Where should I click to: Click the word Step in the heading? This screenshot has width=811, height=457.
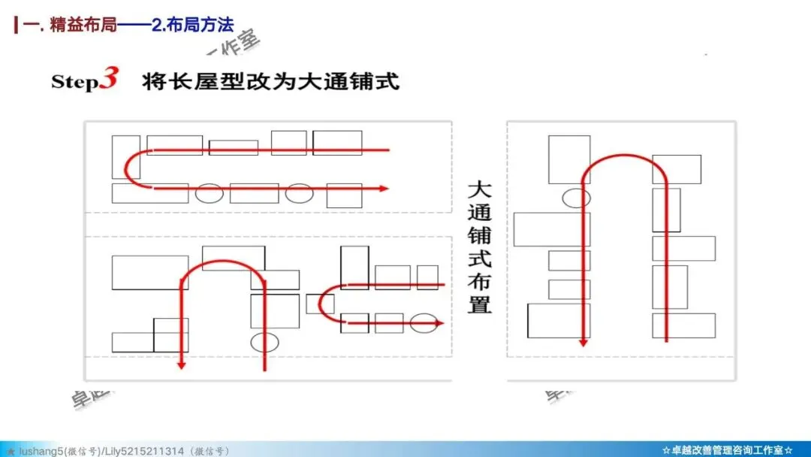(74, 81)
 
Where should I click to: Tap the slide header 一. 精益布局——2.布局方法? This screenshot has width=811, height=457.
(128, 25)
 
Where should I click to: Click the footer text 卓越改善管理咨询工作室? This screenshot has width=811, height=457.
(727, 450)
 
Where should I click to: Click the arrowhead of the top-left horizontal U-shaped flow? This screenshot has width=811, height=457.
(384, 188)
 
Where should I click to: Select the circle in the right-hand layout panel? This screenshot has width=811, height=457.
(576, 198)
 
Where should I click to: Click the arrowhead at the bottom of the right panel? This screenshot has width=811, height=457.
(583, 342)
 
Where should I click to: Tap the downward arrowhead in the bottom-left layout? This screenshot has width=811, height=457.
(181, 365)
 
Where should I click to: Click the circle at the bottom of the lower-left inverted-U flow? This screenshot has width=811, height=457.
(264, 342)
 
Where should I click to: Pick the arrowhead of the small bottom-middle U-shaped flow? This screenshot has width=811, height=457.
(439, 322)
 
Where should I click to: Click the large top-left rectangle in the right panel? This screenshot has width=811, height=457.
(569, 159)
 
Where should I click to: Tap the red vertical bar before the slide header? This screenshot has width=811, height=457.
(17, 25)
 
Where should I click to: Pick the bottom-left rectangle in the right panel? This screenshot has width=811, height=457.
(559, 320)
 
